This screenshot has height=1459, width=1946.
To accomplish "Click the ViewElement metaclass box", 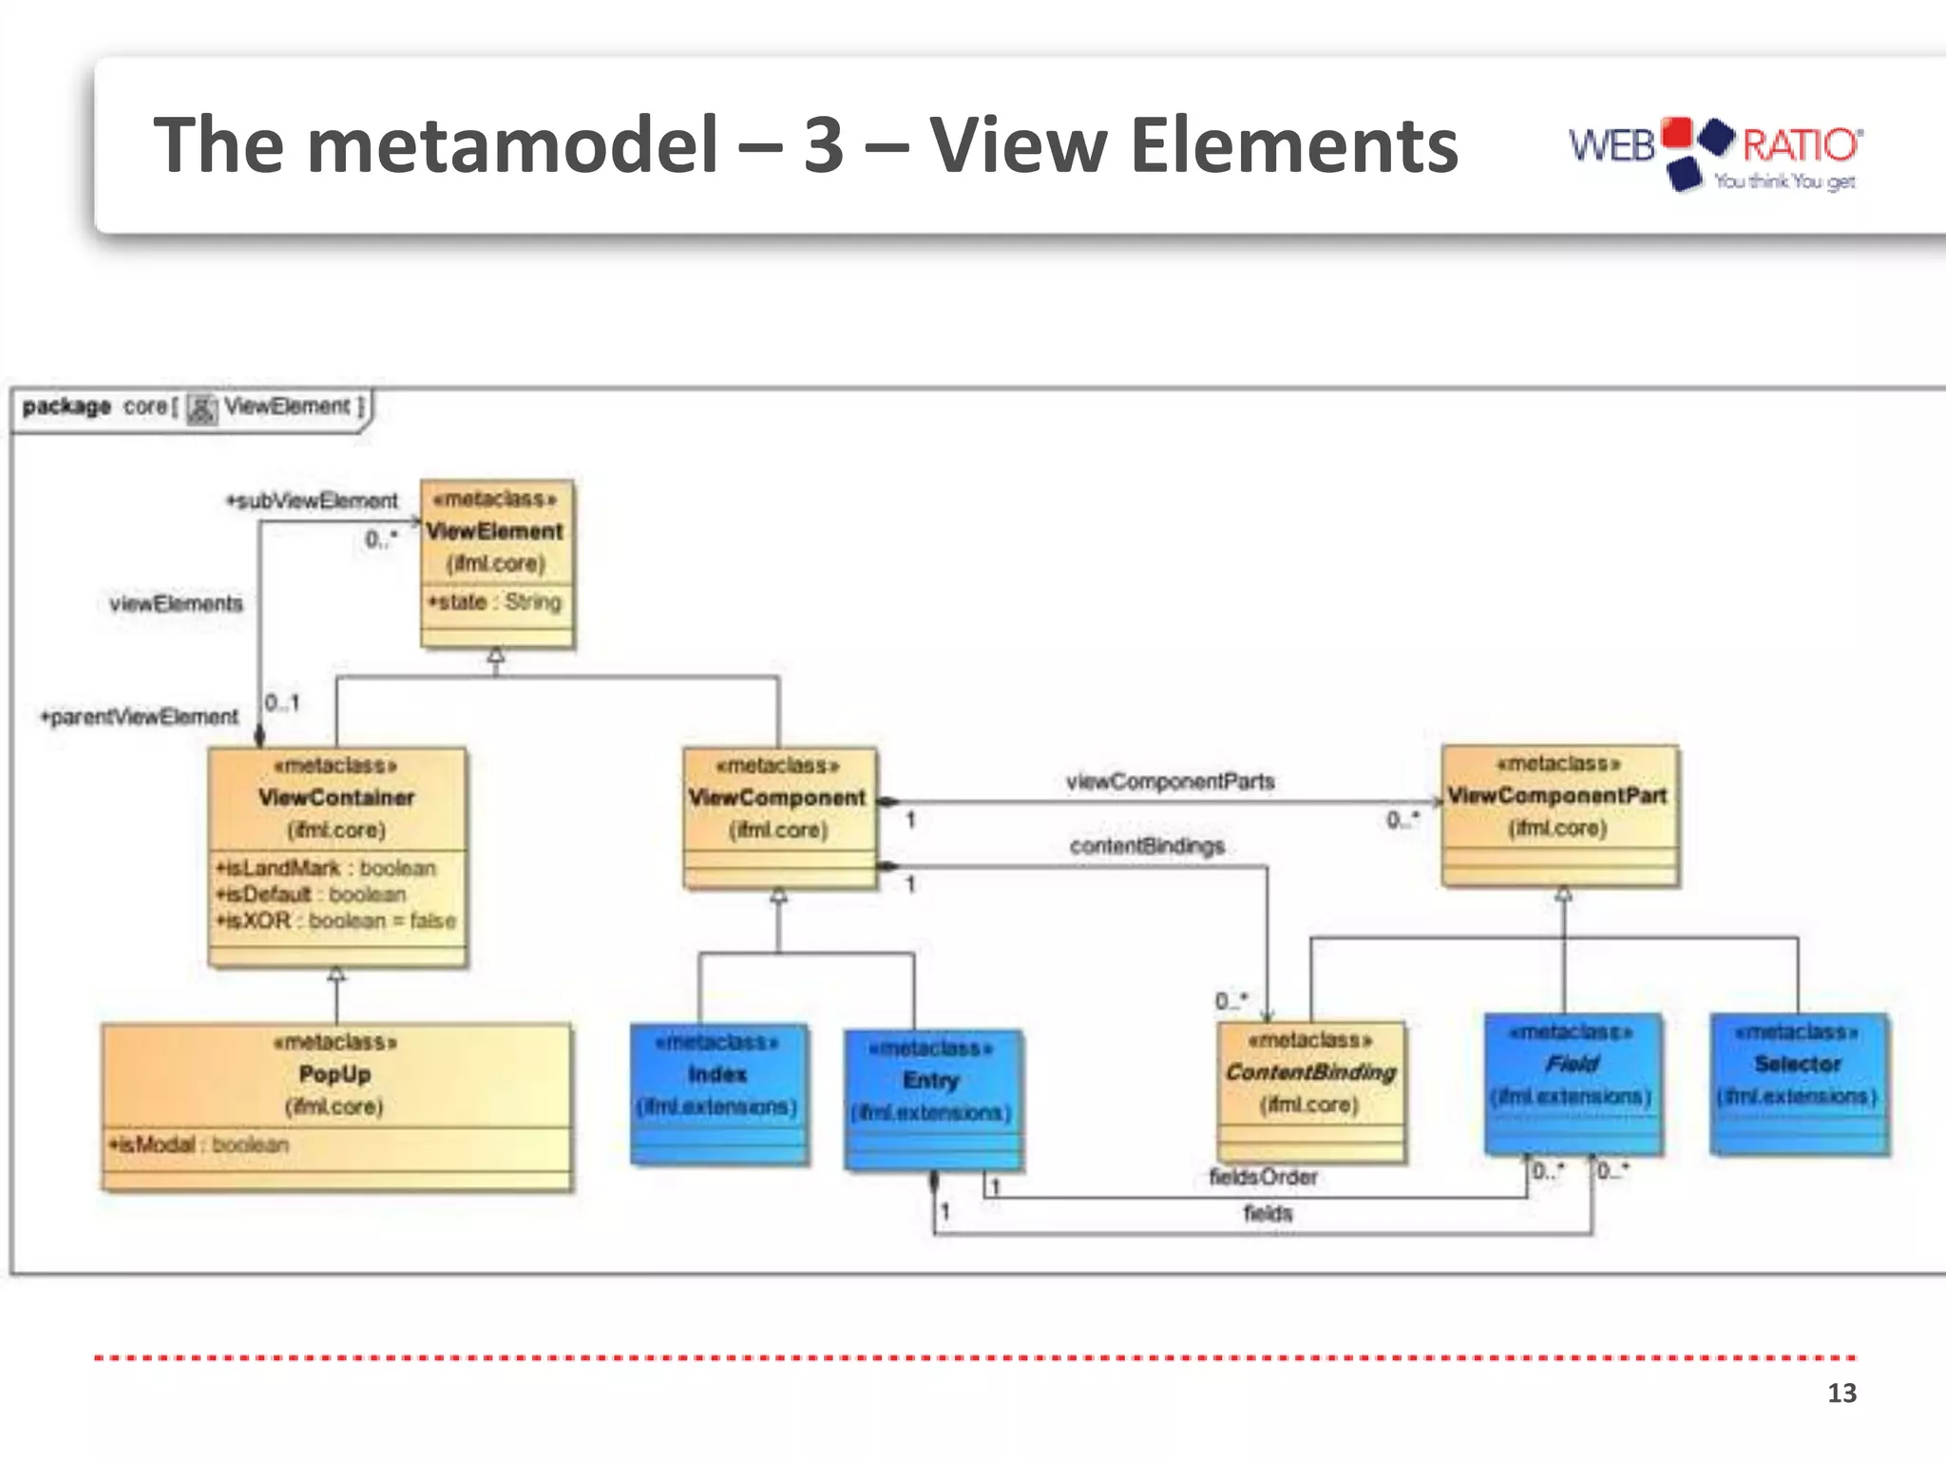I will (x=497, y=563).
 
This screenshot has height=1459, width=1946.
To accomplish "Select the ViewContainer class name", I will (x=336, y=797).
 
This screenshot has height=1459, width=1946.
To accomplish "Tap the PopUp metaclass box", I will (x=336, y=1106).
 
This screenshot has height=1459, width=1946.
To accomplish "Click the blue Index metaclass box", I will (x=719, y=1092).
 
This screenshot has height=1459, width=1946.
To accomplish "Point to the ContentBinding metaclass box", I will (x=1310, y=1091).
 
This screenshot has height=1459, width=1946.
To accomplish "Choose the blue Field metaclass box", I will (x=1573, y=1084).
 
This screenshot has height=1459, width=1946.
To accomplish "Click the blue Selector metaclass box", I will (x=1799, y=1084).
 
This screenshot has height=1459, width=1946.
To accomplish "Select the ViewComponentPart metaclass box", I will (x=1558, y=815).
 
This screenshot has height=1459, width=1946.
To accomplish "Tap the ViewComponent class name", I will (x=777, y=797).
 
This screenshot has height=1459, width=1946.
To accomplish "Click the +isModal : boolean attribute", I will (x=199, y=1145).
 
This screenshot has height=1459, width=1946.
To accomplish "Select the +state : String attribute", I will (x=495, y=601).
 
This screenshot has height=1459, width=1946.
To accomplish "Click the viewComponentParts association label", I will (x=1170, y=781).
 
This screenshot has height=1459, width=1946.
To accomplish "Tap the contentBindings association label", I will (x=1147, y=845).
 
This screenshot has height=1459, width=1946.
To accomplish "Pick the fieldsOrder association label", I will (x=1263, y=1177).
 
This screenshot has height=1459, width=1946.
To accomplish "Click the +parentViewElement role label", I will (x=139, y=716).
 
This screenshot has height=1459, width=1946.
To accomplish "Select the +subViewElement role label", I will (x=312, y=501).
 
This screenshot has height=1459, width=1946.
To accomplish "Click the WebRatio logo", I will (x=1715, y=152).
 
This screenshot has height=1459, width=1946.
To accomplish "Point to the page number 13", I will (x=1841, y=1393).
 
